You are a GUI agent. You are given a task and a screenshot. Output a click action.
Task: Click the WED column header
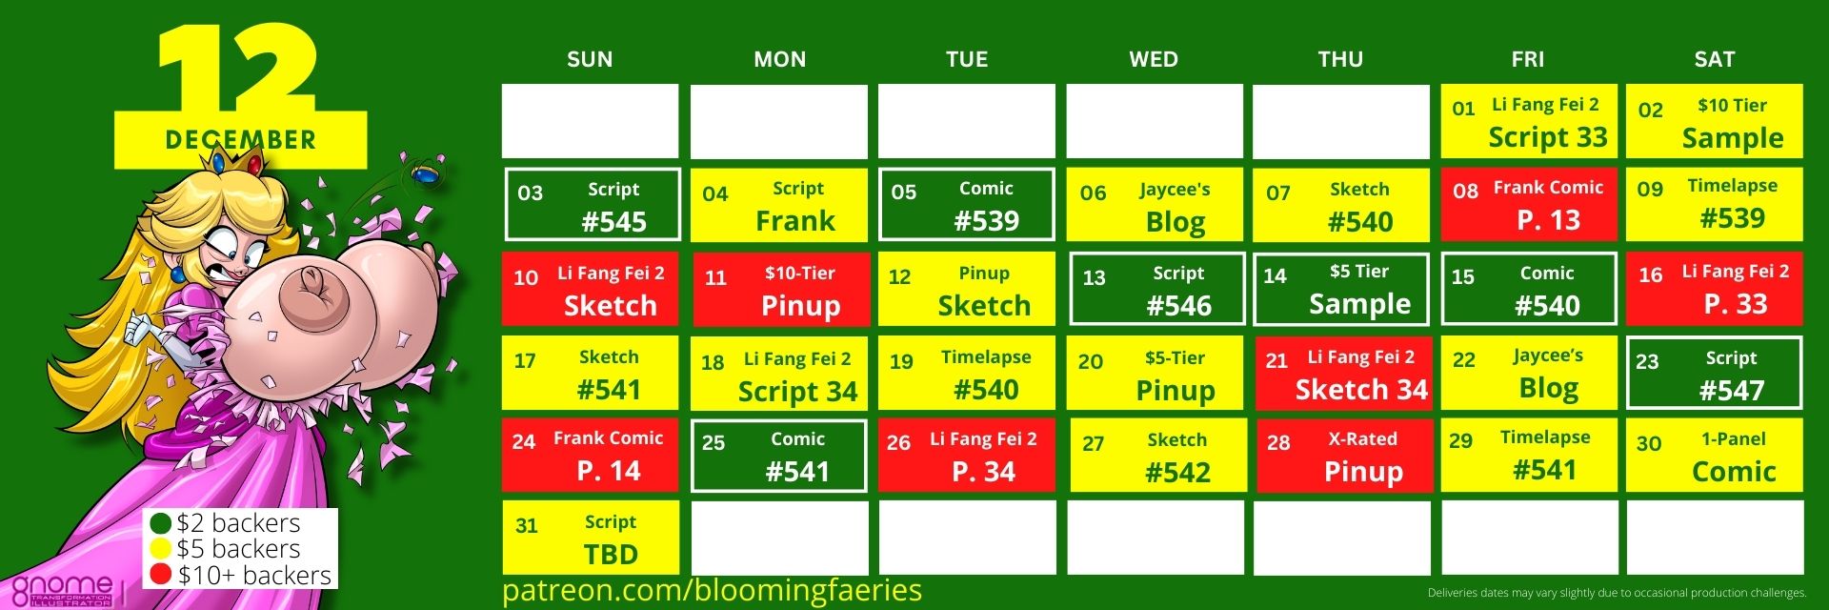(1154, 59)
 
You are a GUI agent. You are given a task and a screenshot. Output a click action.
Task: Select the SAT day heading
(1715, 59)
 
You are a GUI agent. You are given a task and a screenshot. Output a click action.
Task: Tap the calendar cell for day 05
(967, 205)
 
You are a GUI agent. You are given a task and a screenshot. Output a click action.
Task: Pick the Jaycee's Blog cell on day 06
(1155, 205)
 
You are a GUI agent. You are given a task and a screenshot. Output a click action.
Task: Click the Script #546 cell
(1157, 289)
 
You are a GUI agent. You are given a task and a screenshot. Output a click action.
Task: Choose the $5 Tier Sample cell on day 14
(1341, 289)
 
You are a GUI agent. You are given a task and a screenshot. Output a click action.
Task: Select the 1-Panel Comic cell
(1715, 456)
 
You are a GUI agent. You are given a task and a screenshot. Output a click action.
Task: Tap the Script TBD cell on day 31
(591, 538)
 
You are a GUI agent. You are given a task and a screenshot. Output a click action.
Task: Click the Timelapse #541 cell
(1529, 456)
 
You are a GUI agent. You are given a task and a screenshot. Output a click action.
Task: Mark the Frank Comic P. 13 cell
(1529, 205)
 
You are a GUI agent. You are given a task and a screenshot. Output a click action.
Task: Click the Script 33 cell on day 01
(1529, 121)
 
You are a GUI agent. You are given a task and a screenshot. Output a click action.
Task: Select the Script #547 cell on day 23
(1715, 373)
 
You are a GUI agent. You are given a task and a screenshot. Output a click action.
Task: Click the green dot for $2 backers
(161, 523)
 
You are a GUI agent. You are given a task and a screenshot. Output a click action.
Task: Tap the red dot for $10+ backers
(161, 575)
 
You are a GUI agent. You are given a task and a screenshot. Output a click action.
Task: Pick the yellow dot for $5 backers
(161, 549)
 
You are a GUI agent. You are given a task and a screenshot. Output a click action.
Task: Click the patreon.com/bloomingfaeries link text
(712, 590)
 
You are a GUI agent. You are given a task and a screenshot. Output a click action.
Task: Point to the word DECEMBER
(240, 140)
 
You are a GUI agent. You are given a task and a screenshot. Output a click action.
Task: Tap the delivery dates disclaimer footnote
(1617, 593)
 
